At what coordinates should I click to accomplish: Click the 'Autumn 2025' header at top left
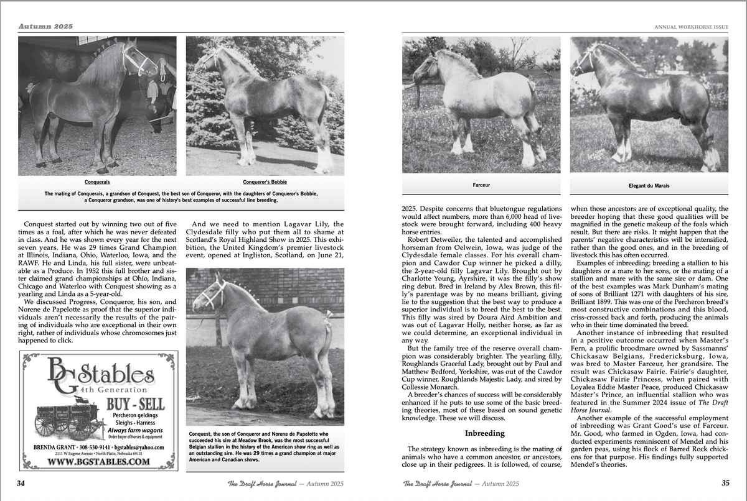(x=45, y=26)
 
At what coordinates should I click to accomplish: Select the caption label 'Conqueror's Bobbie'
(x=265, y=182)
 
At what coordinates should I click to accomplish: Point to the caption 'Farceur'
(x=481, y=185)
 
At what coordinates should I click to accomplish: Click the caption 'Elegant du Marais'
(x=649, y=185)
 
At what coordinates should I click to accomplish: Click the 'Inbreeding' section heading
(x=485, y=433)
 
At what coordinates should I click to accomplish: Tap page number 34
(x=21, y=483)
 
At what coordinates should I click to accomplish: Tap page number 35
(x=725, y=483)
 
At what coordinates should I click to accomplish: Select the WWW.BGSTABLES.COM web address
(x=98, y=462)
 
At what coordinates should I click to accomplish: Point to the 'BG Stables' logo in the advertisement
(x=100, y=376)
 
